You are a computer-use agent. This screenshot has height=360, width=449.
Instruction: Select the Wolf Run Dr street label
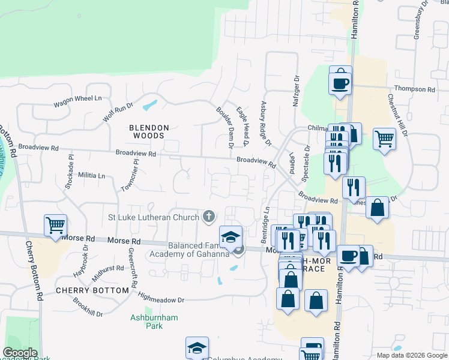click(x=118, y=112)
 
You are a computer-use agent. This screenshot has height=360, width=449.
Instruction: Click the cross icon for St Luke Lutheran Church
click(x=209, y=216)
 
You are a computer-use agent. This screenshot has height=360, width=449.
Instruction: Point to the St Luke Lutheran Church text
click(x=154, y=217)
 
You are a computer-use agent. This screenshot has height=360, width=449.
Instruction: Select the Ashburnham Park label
click(x=146, y=321)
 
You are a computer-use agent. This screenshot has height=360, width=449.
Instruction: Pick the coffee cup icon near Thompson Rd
click(x=340, y=81)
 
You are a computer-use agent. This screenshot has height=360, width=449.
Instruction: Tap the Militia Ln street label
click(x=91, y=176)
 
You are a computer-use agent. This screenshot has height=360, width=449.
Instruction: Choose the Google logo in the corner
click(x=20, y=353)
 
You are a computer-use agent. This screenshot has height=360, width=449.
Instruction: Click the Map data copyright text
click(x=411, y=355)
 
